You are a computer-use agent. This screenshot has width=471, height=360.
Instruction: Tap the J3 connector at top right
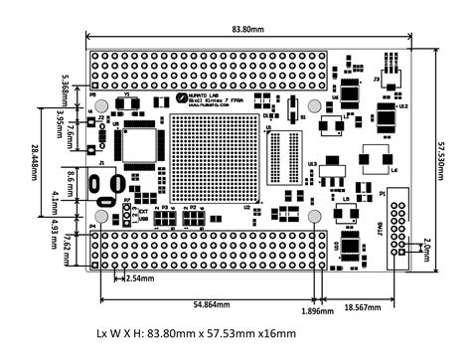coord(387,74)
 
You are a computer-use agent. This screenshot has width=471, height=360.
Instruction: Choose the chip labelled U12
coord(384,117)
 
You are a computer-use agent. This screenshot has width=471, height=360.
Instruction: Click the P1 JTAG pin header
coord(396,231)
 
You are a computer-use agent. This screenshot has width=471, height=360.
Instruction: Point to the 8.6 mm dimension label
coord(71,182)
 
